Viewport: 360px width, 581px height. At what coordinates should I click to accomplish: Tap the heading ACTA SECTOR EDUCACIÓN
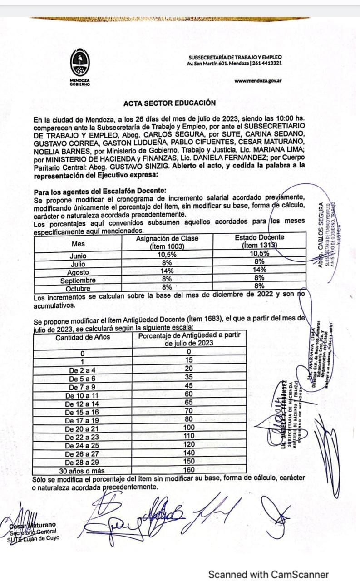(x=169, y=103)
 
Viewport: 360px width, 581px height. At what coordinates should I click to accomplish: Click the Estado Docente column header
(x=259, y=241)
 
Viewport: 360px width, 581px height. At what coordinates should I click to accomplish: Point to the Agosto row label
(x=78, y=272)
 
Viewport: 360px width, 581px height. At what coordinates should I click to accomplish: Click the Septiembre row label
(x=78, y=280)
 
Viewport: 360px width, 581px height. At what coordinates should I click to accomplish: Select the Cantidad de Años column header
(x=83, y=337)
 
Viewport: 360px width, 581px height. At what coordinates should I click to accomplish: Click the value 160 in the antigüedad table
(x=189, y=470)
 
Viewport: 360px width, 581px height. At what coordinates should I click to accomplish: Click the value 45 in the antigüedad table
(x=189, y=387)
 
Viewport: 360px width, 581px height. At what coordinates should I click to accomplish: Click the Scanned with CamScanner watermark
(x=268, y=574)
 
